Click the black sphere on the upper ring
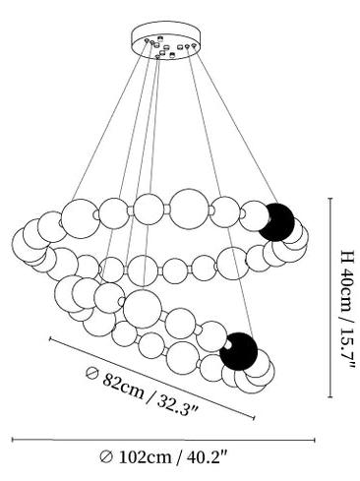(x=276, y=222)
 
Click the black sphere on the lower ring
(x=239, y=351)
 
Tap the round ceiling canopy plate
(x=166, y=40)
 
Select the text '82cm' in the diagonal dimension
(x=123, y=386)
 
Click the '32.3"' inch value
(x=177, y=405)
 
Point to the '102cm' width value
(x=145, y=456)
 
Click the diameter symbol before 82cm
(x=91, y=373)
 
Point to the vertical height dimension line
(x=330, y=297)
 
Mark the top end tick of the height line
(x=330, y=199)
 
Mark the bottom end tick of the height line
(x=330, y=396)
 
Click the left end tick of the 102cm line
(x=13, y=440)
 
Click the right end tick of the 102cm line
(x=315, y=440)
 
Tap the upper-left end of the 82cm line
(x=50, y=338)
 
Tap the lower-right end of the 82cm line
(x=254, y=417)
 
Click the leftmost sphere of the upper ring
(x=27, y=244)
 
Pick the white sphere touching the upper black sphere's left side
(x=254, y=216)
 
